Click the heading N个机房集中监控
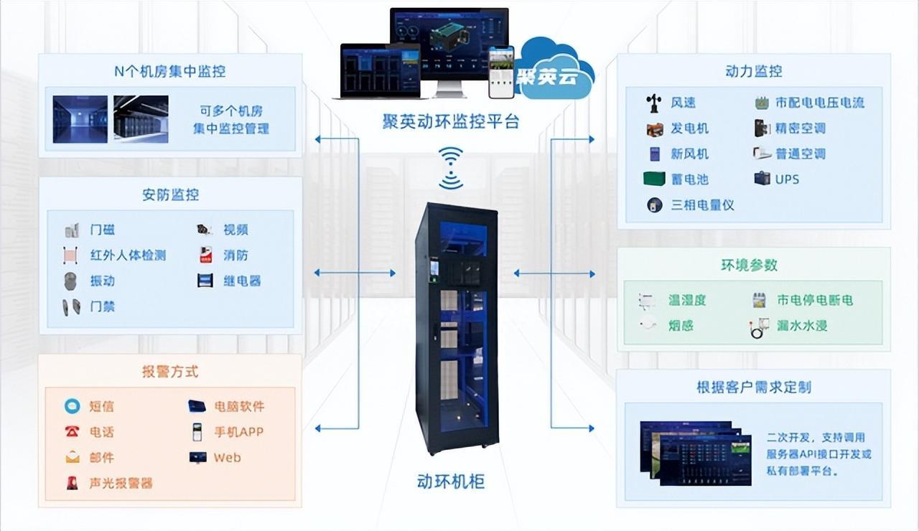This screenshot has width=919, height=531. tap(170, 71)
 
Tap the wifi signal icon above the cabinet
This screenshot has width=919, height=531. tap(451, 168)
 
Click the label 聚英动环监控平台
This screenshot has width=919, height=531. tap(450, 121)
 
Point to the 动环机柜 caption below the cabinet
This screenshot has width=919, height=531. tap(450, 481)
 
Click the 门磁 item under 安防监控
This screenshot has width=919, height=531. tap(102, 230)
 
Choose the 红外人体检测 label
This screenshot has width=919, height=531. tap(128, 255)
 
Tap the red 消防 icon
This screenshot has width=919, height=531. tap(205, 255)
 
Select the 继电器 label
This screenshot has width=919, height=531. tap(241, 281)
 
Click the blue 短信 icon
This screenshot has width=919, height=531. tap(72, 406)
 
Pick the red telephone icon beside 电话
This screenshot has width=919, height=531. tap(72, 432)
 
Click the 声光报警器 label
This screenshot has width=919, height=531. tap(121, 483)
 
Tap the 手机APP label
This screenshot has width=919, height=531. tap(238, 432)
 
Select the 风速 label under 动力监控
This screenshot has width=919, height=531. tap(683, 103)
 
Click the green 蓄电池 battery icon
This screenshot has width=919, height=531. tap(654, 179)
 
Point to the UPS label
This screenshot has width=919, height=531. tap(787, 179)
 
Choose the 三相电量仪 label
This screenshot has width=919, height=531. tap(702, 205)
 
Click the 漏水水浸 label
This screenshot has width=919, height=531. tap(801, 326)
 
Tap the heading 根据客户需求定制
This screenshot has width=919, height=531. tap(753, 387)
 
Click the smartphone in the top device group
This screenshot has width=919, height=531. tap(501, 72)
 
